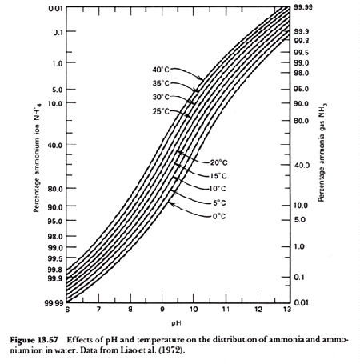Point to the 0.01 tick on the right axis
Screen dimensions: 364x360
click(301, 302)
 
